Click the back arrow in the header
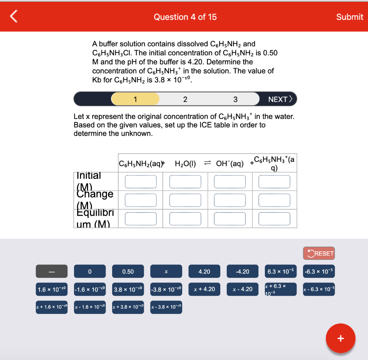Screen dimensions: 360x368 [x=13, y=17]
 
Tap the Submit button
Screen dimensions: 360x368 [x=349, y=17]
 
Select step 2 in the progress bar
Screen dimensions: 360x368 [x=185, y=99]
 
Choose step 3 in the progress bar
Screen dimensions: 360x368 [x=235, y=99]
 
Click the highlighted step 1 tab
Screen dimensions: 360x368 [x=135, y=99]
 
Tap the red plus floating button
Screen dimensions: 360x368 [x=340, y=338]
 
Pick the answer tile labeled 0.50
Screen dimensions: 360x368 [x=128, y=271]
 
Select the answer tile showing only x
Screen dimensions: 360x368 [x=166, y=271]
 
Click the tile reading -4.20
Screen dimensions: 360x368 [x=242, y=271]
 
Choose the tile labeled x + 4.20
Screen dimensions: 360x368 [x=204, y=289]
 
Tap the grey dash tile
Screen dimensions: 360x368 [x=51, y=271]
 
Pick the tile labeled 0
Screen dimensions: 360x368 [x=90, y=271]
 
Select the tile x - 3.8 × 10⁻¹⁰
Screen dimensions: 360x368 [x=166, y=307]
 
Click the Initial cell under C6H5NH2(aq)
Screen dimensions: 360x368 [x=141, y=182]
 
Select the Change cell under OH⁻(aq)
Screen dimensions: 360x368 [x=230, y=200]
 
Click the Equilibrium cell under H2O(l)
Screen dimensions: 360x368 [x=185, y=219]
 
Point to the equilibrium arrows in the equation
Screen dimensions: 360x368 [x=207, y=164]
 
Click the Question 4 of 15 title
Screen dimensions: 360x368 [x=185, y=17]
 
